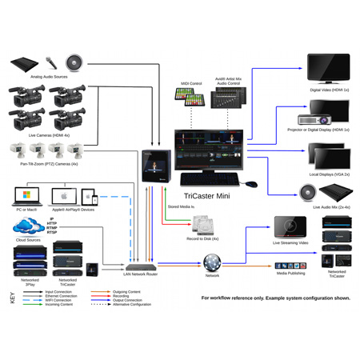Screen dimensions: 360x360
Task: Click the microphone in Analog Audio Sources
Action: pos(50,62)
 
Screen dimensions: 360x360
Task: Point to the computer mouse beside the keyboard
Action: pos(251,183)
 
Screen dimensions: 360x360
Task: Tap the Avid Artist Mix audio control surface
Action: pos(228,100)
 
